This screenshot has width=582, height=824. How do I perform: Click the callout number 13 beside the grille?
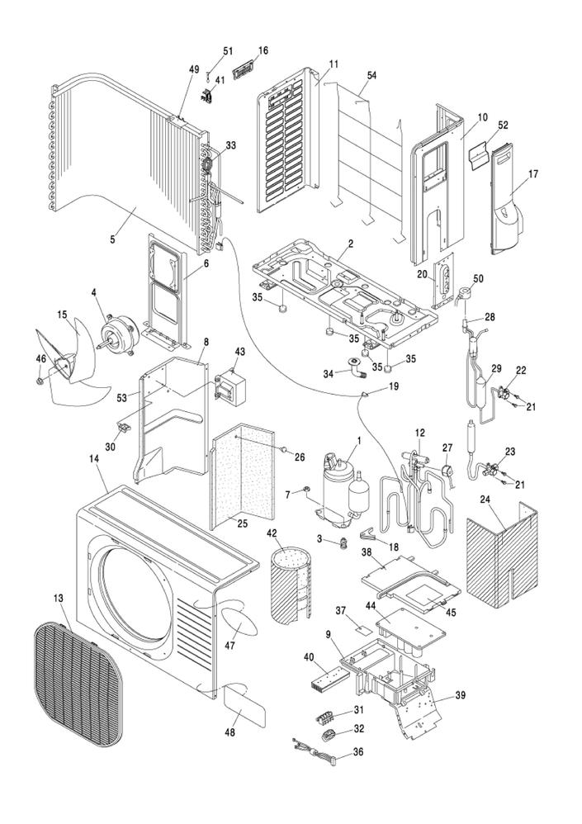coord(58,597)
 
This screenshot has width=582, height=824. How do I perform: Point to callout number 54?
coord(372,75)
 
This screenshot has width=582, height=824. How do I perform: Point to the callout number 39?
coord(460,695)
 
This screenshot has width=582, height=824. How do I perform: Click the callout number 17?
coord(533,174)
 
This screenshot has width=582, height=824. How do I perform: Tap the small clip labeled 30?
coord(125,427)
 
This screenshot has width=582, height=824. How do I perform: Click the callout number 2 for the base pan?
coord(350,244)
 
